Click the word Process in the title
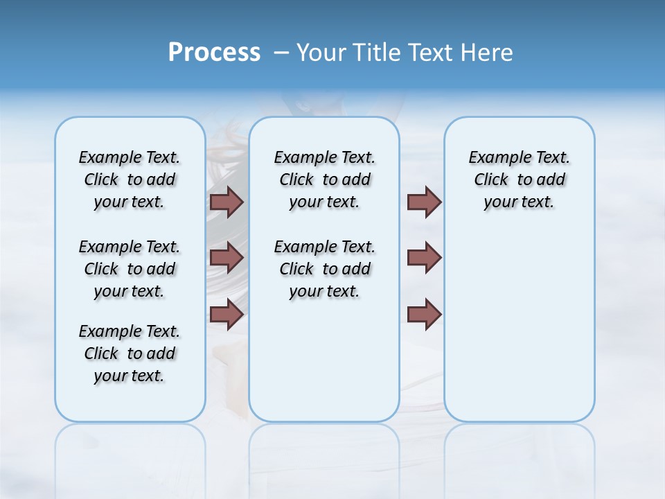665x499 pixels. pyautogui.click(x=214, y=53)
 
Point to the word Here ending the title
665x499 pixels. pyautogui.click(x=489, y=53)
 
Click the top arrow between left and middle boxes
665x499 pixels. pyautogui.click(x=227, y=202)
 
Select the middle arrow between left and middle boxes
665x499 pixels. pyautogui.click(x=227, y=258)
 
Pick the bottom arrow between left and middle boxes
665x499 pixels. pyautogui.click(x=227, y=314)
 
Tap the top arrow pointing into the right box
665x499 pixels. pyautogui.click(x=424, y=202)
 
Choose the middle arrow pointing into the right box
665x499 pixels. pyautogui.click(x=424, y=258)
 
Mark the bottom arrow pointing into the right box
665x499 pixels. pyautogui.click(x=424, y=314)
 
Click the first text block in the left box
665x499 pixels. pyautogui.click(x=130, y=180)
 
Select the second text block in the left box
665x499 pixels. pyautogui.click(x=130, y=269)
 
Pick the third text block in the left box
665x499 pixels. pyautogui.click(x=130, y=353)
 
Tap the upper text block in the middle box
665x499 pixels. pyautogui.click(x=324, y=180)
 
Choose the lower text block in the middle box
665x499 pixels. pyautogui.click(x=324, y=269)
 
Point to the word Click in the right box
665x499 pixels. pyautogui.click(x=491, y=180)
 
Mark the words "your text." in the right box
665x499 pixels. pyautogui.click(x=519, y=202)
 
